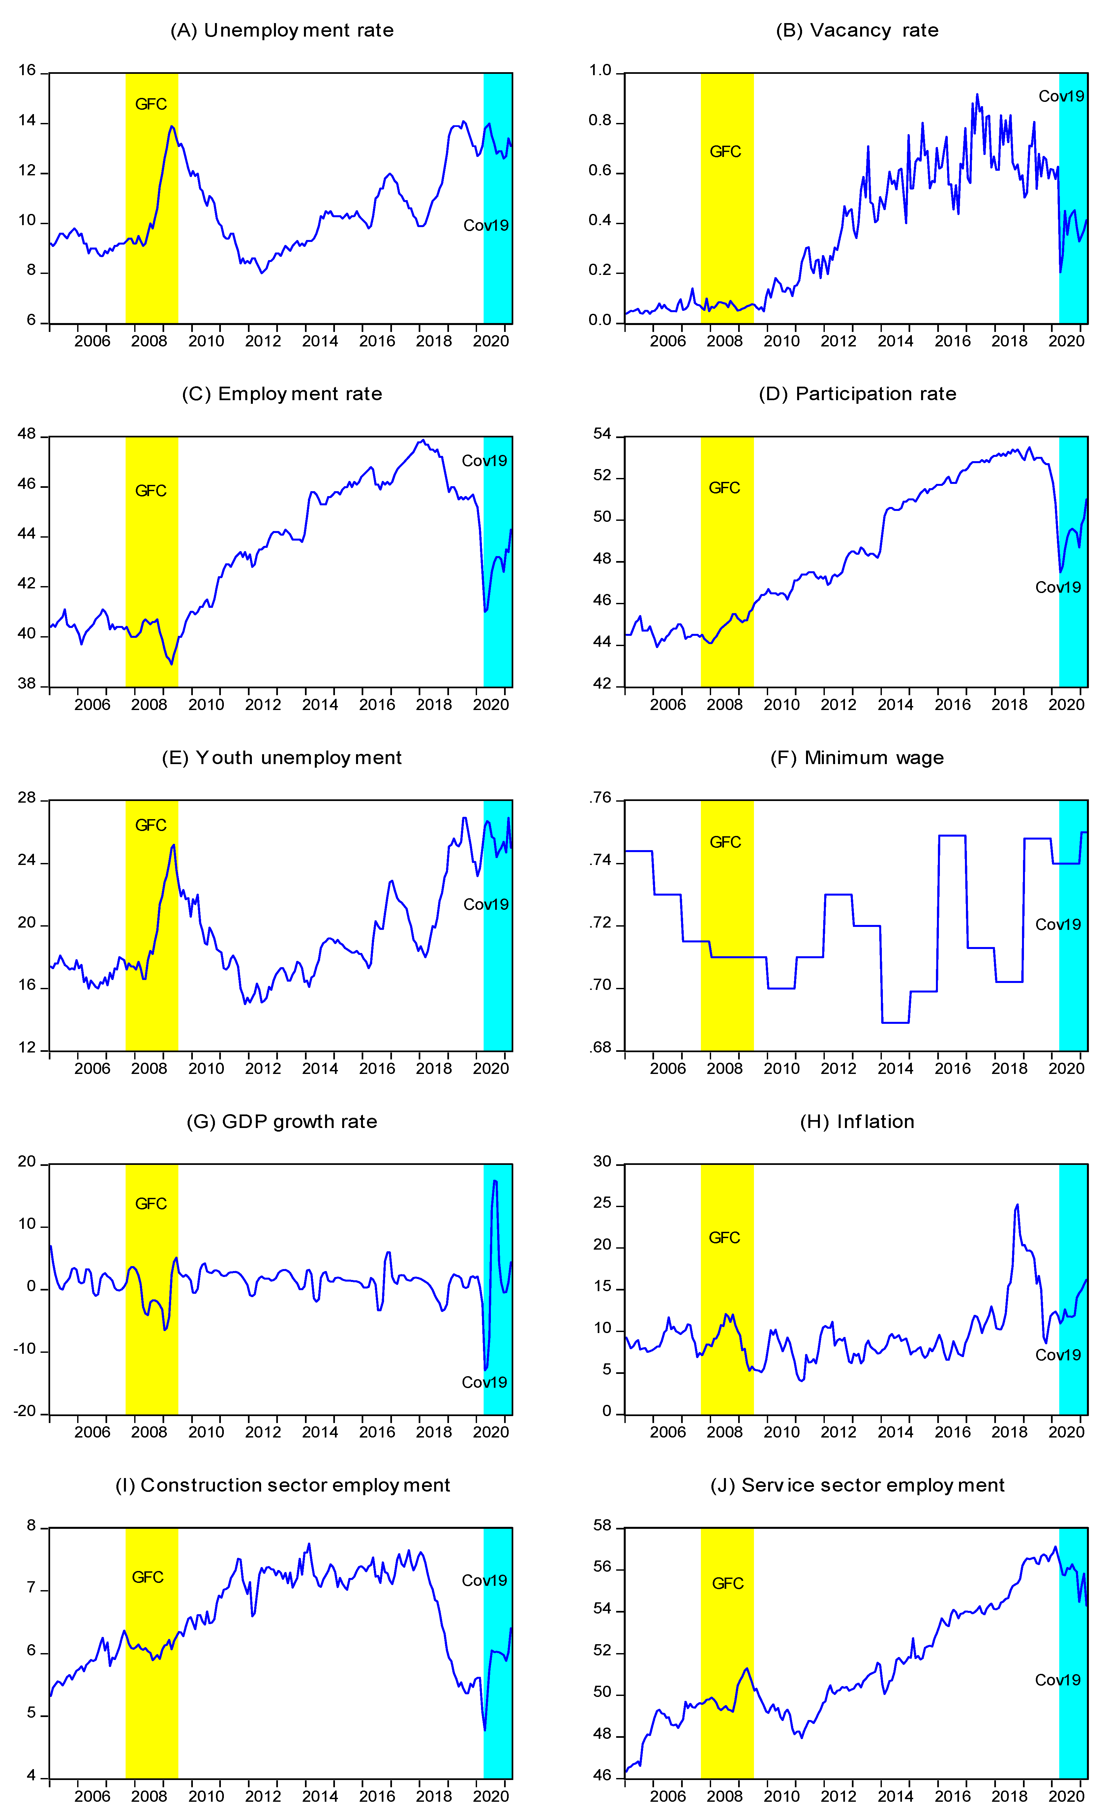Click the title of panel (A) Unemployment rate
pyautogui.click(x=282, y=30)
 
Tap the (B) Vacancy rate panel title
pyautogui.click(x=857, y=30)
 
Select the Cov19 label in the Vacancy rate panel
pyautogui.click(x=1061, y=96)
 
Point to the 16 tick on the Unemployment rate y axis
pyautogui.click(x=27, y=71)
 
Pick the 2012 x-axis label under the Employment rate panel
pyautogui.click(x=263, y=705)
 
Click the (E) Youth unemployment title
pyautogui.click(x=282, y=758)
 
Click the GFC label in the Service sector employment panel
pyautogui.click(x=728, y=1584)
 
